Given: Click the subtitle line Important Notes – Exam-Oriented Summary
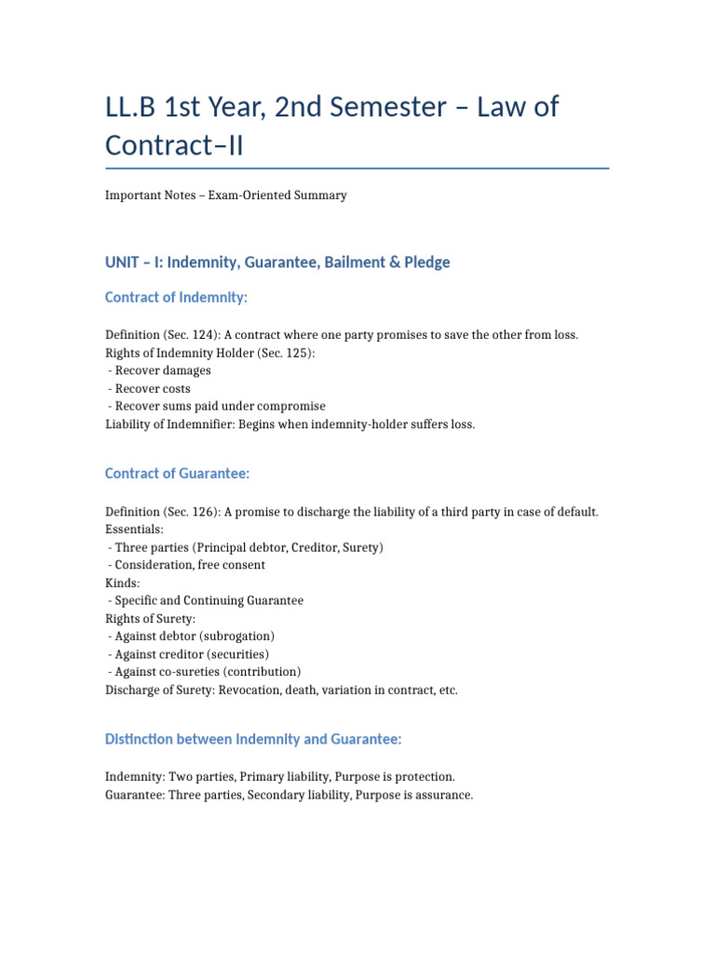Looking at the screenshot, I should pyautogui.click(x=226, y=195).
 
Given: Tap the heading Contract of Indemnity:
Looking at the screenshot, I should pyautogui.click(x=176, y=298).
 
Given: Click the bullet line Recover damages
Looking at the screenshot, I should pyautogui.click(x=162, y=370).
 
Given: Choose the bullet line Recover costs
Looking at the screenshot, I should pyautogui.click(x=150, y=388).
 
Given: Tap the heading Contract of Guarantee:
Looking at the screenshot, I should pyautogui.click(x=177, y=474).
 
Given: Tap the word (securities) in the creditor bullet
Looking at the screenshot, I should pyautogui.click(x=233, y=653).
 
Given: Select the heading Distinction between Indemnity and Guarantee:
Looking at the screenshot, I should pyautogui.click(x=253, y=739).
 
